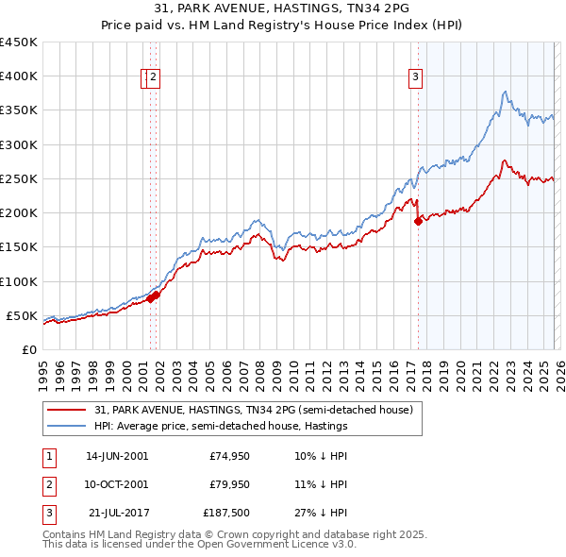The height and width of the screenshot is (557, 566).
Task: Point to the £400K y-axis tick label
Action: pos(18,76)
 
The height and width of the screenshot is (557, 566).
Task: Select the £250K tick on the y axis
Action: pos(18,178)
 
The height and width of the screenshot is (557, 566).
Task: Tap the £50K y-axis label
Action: pos(22,315)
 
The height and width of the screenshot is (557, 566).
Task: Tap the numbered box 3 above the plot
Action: pos(415,78)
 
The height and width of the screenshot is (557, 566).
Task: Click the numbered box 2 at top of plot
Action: pos(154,78)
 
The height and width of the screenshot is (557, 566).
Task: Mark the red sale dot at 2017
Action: pos(418,222)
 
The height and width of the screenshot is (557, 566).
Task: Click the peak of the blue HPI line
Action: pos(506,92)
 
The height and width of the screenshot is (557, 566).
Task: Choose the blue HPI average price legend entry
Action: pos(221,427)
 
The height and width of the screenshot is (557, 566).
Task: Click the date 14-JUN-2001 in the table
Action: pos(116,455)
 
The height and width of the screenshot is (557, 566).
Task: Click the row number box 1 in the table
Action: pos(47,455)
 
